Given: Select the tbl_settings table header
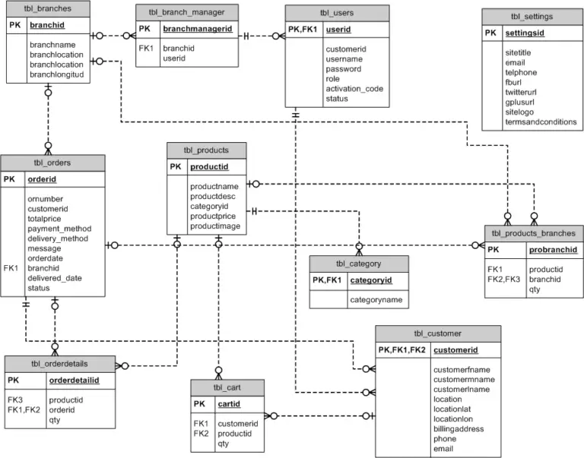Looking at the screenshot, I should (x=532, y=16).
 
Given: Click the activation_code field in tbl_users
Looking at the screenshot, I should (x=354, y=88).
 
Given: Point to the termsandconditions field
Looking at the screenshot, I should (x=541, y=122).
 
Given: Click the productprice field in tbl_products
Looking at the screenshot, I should (x=218, y=216).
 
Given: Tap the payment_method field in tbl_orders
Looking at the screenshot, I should (x=59, y=228).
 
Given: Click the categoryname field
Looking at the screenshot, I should (x=375, y=300).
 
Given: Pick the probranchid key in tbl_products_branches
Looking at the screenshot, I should (x=553, y=249).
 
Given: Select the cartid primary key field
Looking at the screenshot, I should (x=229, y=404).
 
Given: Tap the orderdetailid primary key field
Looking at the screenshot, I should (x=74, y=380).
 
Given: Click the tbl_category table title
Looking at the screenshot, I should (x=358, y=264).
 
